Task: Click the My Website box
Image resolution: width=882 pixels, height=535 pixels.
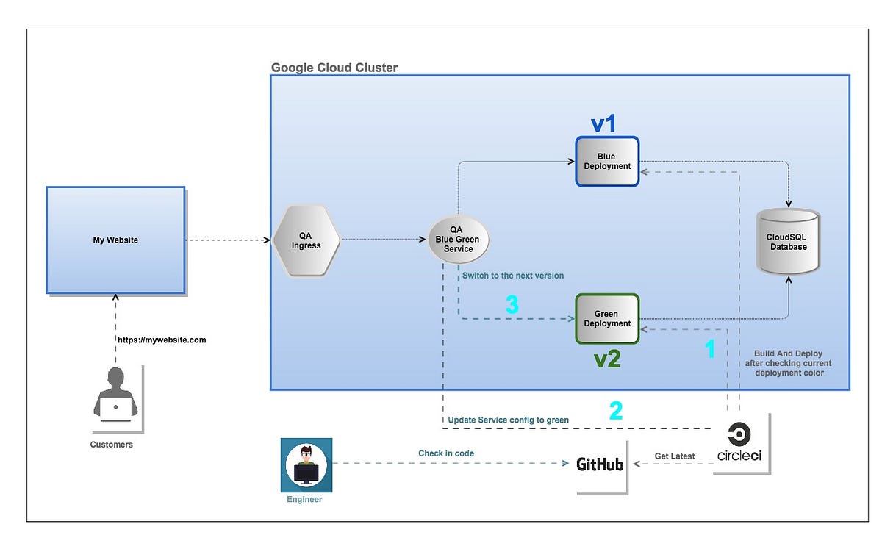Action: pyautogui.click(x=115, y=240)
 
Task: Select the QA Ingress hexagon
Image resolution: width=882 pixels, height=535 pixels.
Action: pyautogui.click(x=306, y=240)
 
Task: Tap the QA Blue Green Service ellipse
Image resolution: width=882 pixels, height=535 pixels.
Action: pyautogui.click(x=459, y=240)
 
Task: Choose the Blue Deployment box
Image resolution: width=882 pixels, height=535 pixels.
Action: pyautogui.click(x=607, y=161)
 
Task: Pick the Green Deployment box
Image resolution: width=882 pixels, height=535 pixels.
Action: pyautogui.click(x=607, y=319)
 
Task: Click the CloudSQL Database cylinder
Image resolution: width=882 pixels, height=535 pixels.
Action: pyautogui.click(x=788, y=242)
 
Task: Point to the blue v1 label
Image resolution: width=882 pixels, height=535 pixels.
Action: pyautogui.click(x=603, y=123)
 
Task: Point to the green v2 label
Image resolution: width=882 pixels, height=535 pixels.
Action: pyautogui.click(x=607, y=359)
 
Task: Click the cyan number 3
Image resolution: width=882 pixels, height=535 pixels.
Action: pyautogui.click(x=512, y=304)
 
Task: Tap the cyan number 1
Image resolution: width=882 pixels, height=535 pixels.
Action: pyautogui.click(x=710, y=350)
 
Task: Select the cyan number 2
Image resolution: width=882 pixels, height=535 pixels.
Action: pyautogui.click(x=616, y=410)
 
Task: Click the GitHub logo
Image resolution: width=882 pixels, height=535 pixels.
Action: pyautogui.click(x=600, y=464)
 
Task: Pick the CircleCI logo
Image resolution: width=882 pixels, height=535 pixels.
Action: pyautogui.click(x=739, y=443)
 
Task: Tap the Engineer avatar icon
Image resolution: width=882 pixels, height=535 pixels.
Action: pyautogui.click(x=306, y=465)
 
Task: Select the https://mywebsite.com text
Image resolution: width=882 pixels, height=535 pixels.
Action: pyautogui.click(x=162, y=340)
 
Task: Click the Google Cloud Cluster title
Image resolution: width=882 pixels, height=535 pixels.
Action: pyautogui.click(x=334, y=68)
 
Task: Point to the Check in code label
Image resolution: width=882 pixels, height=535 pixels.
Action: pyautogui.click(x=446, y=453)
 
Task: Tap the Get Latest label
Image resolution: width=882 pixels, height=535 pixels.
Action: pyautogui.click(x=674, y=456)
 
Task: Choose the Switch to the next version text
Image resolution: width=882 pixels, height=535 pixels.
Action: pyautogui.click(x=513, y=276)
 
